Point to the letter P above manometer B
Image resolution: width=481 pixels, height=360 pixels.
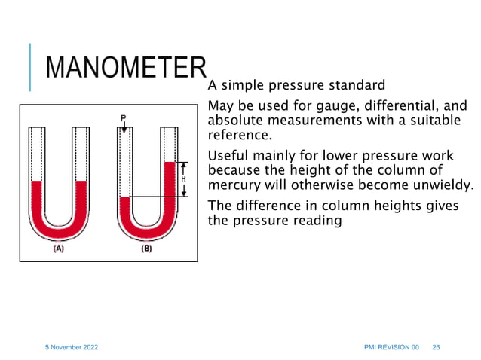tap(124, 117)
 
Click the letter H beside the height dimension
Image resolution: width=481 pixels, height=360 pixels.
tap(183, 179)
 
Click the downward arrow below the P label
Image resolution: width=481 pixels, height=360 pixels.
tap(124, 127)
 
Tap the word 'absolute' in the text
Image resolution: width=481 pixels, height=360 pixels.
tap(234, 121)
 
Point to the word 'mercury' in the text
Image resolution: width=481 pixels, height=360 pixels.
tap(233, 185)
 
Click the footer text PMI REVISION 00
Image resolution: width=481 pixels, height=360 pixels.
tap(391, 346)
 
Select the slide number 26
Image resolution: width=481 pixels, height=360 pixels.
tap(436, 346)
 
